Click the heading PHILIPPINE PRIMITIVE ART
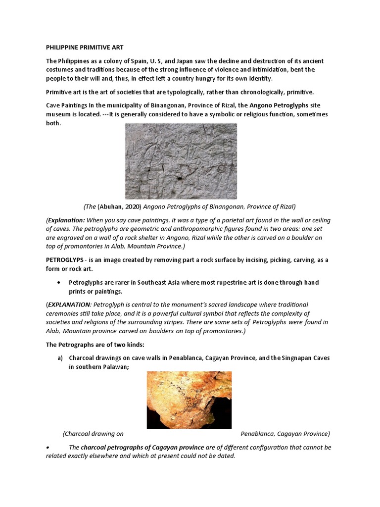click(x=85, y=48)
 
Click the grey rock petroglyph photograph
click(x=181, y=161)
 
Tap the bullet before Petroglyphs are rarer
click(x=59, y=282)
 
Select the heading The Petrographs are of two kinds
click(x=95, y=345)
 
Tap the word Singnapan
click(x=286, y=358)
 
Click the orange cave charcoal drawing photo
click(x=189, y=400)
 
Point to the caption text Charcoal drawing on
click(x=93, y=434)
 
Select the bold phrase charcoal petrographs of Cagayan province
click(x=142, y=447)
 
